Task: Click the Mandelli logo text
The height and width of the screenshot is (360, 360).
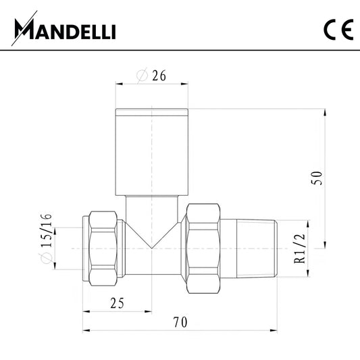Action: (65, 28)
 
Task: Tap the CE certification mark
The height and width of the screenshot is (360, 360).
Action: (338, 30)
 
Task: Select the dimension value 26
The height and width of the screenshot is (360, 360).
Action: (159, 75)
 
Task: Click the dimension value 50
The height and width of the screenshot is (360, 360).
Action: (317, 178)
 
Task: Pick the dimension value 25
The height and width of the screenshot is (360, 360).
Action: (117, 303)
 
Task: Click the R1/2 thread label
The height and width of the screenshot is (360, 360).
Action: (300, 249)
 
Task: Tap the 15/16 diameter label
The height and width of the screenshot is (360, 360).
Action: (46, 230)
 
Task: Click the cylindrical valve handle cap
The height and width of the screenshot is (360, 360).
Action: (152, 152)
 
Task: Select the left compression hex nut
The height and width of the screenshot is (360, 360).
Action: (103, 249)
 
